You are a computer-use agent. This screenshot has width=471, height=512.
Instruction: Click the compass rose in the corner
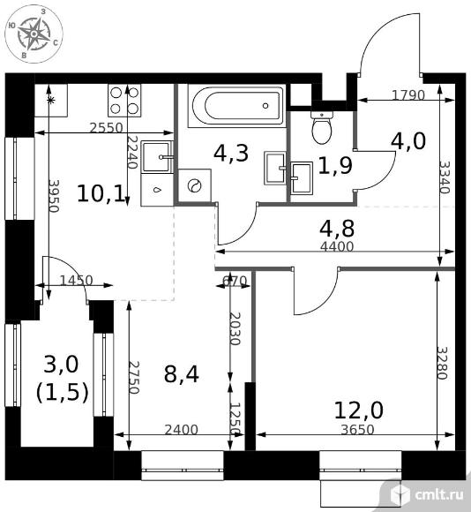pyautogui.click(x=34, y=34)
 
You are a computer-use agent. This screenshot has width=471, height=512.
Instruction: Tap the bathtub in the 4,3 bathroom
pyautogui.click(x=236, y=105)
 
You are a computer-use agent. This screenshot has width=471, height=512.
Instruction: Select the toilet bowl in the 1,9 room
pyautogui.click(x=322, y=128)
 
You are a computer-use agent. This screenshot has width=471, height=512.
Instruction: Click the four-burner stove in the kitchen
pyautogui.click(x=124, y=100)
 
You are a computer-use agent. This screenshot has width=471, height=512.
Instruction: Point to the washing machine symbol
pyautogui.click(x=194, y=185)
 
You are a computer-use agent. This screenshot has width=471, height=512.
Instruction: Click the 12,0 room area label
pyautogui.click(x=359, y=410)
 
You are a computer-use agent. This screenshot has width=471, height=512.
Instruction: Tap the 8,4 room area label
pyautogui.click(x=182, y=374)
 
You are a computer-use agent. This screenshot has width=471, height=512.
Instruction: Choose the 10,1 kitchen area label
pyautogui.click(x=101, y=193)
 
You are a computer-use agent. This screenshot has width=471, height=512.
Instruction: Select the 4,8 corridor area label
pyautogui.click(x=337, y=229)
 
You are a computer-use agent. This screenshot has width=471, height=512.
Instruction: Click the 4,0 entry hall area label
pyautogui.click(x=408, y=141)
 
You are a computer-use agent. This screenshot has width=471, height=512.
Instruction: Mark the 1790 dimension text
pyautogui.click(x=408, y=95)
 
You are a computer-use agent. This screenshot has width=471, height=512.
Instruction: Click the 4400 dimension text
pyautogui.click(x=337, y=246)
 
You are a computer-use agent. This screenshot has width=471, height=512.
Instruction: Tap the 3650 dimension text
pyautogui.click(x=357, y=430)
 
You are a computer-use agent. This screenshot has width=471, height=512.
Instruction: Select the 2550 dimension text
pyautogui.click(x=107, y=128)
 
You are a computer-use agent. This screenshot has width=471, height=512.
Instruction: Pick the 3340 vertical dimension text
pyautogui.click(x=444, y=177)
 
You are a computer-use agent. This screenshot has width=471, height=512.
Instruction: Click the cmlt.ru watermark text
pyautogui.click(x=439, y=495)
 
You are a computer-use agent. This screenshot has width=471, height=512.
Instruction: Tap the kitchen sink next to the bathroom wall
pyautogui.click(x=157, y=157)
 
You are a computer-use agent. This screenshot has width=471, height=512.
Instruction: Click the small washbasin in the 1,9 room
pyautogui.click(x=302, y=178)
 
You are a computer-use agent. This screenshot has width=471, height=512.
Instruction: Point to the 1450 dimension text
pyautogui.click(x=77, y=280)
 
